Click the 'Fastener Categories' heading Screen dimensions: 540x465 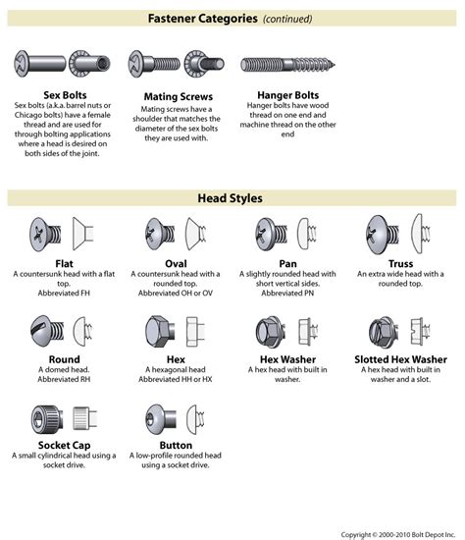click(203, 19)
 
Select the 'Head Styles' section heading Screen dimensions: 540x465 click(232, 198)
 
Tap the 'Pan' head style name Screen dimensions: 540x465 click(287, 263)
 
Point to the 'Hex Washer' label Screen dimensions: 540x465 click(287, 359)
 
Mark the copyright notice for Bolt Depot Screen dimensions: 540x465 click(397, 533)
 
